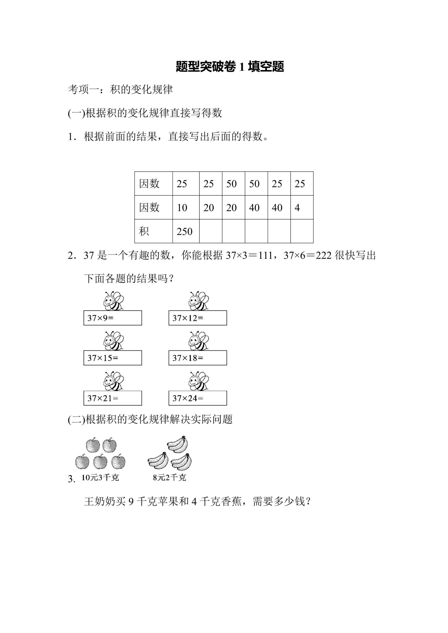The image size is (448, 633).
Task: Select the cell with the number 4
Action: pyautogui.click(x=302, y=207)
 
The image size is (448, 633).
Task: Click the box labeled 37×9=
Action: pyautogui.click(x=113, y=318)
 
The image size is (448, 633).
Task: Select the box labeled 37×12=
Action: pyautogui.click(x=198, y=318)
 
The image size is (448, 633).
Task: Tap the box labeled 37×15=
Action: pyautogui.click(x=113, y=358)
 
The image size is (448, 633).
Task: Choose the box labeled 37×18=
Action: pyautogui.click(x=198, y=358)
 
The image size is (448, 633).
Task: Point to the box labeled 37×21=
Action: pyautogui.click(x=113, y=398)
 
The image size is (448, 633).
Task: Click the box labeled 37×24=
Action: pyautogui.click(x=198, y=398)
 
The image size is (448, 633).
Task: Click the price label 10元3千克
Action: pyautogui.click(x=100, y=478)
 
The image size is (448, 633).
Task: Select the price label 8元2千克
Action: pyautogui.click(x=169, y=478)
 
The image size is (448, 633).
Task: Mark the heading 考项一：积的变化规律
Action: pyautogui.click(x=120, y=89)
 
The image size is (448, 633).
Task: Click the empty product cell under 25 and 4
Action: pyautogui.click(x=302, y=231)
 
